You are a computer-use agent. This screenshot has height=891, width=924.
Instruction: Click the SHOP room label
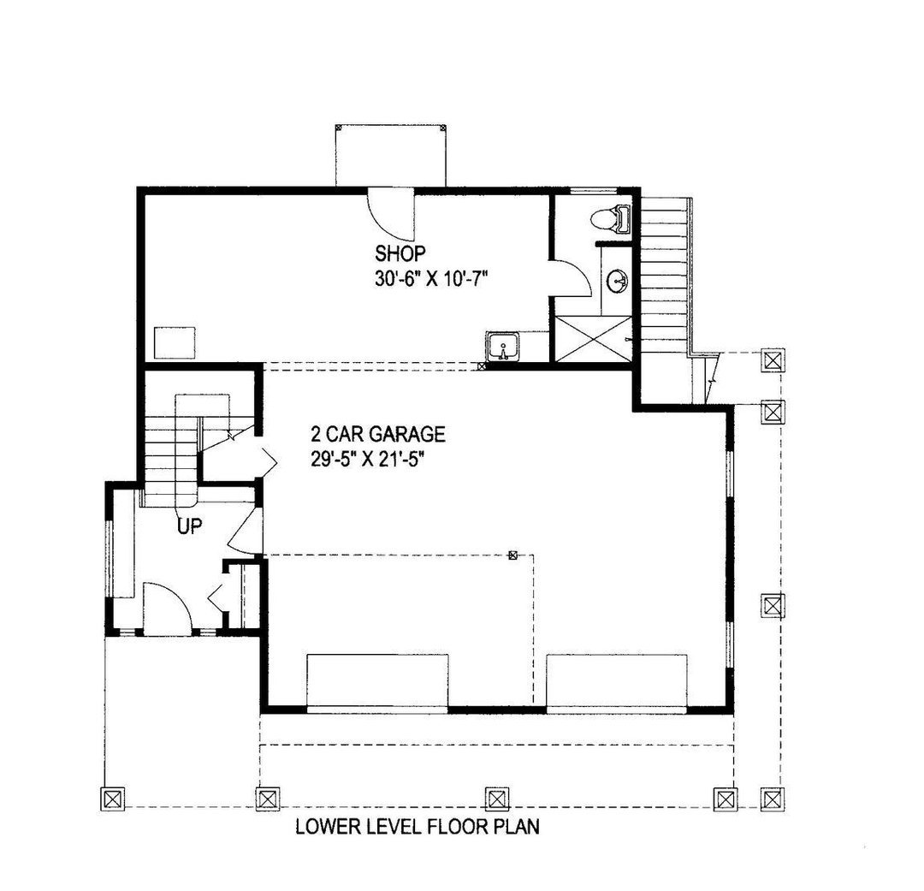400,253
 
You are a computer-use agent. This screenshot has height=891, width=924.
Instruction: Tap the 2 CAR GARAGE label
378,435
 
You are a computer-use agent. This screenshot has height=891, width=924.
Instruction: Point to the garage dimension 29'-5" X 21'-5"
368,459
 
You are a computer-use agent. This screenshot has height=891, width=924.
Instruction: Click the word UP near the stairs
190,526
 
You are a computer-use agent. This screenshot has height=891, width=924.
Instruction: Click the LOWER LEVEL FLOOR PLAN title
418,827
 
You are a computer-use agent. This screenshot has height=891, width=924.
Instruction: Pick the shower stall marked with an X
594,339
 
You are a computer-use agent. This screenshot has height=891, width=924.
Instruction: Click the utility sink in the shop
503,346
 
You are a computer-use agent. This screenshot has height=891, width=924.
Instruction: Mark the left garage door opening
378,683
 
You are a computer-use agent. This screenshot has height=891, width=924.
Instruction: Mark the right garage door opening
617,683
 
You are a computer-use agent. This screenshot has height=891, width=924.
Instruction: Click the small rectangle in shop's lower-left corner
175,342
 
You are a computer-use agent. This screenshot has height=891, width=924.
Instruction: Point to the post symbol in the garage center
513,555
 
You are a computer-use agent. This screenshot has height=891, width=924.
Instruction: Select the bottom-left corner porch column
113,799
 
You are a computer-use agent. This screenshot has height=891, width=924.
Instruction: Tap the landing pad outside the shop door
391,156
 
